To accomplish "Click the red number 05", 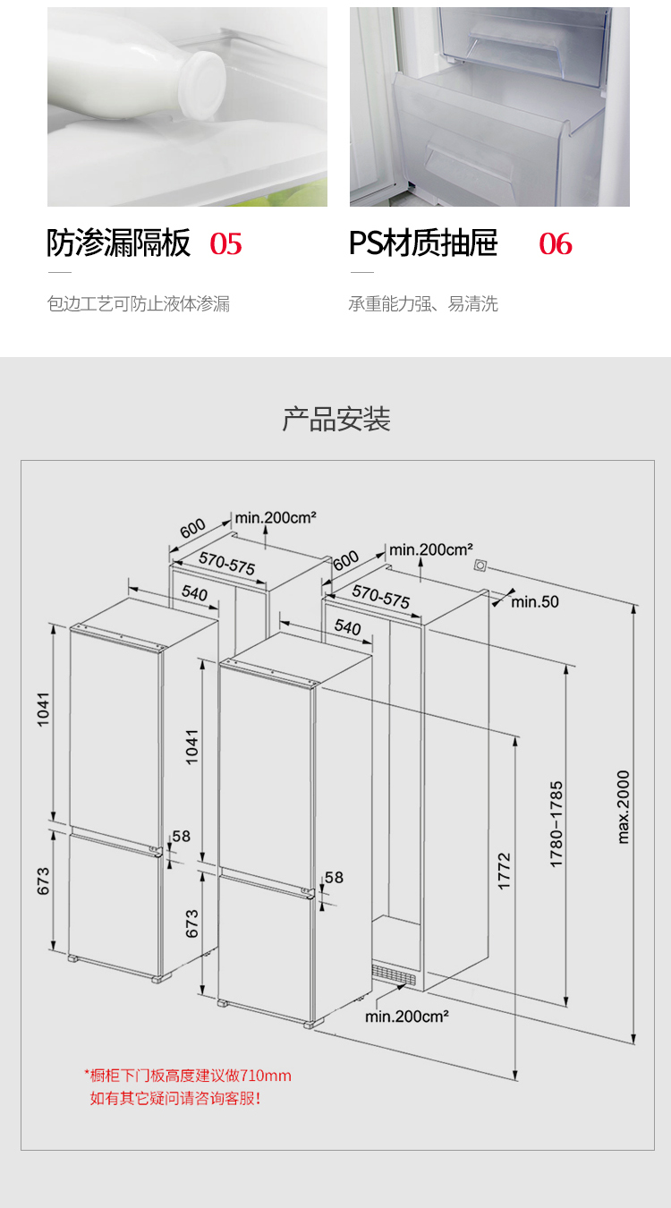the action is click(x=225, y=243).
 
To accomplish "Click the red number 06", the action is click(x=556, y=243).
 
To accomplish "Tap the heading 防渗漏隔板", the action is click(x=119, y=242).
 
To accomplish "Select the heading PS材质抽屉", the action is click(x=423, y=242).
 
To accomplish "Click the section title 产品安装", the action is click(x=336, y=419).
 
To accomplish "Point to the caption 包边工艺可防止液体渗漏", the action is click(x=138, y=303).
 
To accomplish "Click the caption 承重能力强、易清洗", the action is click(x=423, y=303).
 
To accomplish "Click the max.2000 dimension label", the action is click(x=623, y=807).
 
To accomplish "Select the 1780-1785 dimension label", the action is click(x=556, y=824).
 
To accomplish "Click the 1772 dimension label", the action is click(x=503, y=871).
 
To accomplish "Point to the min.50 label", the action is click(x=534, y=602).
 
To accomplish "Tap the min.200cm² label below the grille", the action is click(x=407, y=1017).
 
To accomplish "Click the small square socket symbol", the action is click(x=480, y=566).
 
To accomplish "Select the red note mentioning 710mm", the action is click(x=188, y=1076).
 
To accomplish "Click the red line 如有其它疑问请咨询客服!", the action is click(x=175, y=1098).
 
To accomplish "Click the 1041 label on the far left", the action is click(x=43, y=710).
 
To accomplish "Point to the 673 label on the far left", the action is click(x=43, y=880).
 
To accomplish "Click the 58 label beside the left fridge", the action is click(x=182, y=836).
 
